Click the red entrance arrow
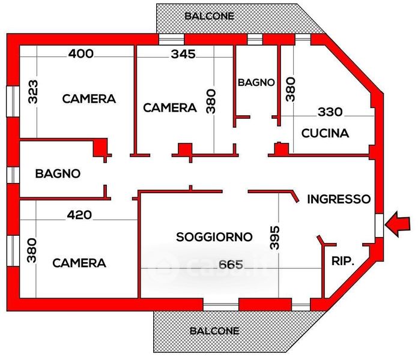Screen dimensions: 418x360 pyautogui.click(x=397, y=224)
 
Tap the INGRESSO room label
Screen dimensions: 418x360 pyautogui.click(x=339, y=199)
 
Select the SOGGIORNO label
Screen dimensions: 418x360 pyautogui.click(x=214, y=237)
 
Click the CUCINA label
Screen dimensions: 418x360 pyautogui.click(x=325, y=133)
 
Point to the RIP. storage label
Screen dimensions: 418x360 pyautogui.click(x=343, y=261)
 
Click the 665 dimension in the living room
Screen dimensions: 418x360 pyautogui.click(x=231, y=265)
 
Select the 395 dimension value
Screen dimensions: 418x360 pyautogui.click(x=274, y=238)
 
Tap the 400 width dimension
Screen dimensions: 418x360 pyautogui.click(x=81, y=54)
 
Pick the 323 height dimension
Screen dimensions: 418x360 pyautogui.click(x=33, y=92)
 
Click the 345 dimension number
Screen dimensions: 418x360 pyautogui.click(x=183, y=55)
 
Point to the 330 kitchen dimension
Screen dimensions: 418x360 pyautogui.click(x=330, y=112)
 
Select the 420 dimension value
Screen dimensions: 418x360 pyautogui.click(x=79, y=215)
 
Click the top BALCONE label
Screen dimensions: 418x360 pyautogui.click(x=209, y=16)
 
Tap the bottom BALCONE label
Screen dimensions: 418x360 pyautogui.click(x=214, y=331)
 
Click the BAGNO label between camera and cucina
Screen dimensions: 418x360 pyautogui.click(x=256, y=83)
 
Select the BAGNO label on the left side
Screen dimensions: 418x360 pyautogui.click(x=58, y=173)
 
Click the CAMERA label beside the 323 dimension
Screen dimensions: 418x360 pyautogui.click(x=89, y=99)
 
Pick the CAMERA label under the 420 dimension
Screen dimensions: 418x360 pyautogui.click(x=79, y=263)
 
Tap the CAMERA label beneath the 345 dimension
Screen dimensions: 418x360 pyautogui.click(x=170, y=108)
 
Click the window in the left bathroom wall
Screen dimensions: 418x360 pyautogui.click(x=13, y=175)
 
